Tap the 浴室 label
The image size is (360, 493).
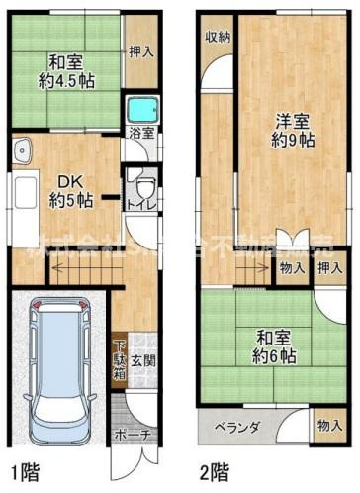[x=140, y=132]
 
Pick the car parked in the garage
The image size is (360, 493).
[x=60, y=365]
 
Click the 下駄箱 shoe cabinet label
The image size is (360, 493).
[x=119, y=360]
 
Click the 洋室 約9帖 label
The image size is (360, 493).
[x=293, y=130]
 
